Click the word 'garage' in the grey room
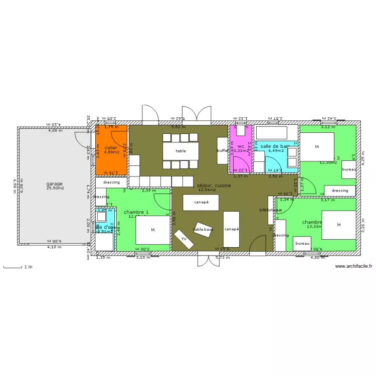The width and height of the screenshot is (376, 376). [55, 183]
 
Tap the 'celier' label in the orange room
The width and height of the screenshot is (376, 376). [111, 148]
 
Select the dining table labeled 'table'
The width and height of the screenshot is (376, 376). [180, 150]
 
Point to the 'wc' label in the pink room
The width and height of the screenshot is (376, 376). [241, 146]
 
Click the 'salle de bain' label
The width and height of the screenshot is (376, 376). [275, 146]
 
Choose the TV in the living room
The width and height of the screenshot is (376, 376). [184, 239]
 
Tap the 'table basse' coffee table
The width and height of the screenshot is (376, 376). [204, 229]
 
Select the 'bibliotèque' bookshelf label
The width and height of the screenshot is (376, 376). [270, 210]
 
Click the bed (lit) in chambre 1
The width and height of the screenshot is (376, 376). [153, 230]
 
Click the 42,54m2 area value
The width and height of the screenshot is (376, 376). [207, 190]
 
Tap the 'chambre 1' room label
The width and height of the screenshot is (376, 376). [136, 212]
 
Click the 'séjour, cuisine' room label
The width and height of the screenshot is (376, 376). [214, 185]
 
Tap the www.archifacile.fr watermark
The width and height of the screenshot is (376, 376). [353, 267]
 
